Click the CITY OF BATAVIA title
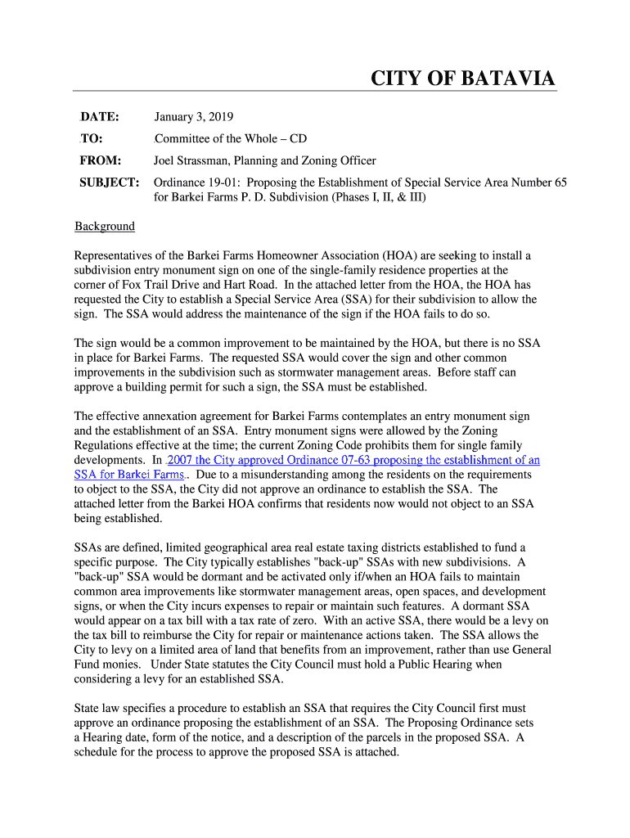462,79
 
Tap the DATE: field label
99,116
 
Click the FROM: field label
101,160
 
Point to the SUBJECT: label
109,182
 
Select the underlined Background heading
105,226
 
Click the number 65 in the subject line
560,182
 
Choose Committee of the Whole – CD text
231,138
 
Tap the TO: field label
91,138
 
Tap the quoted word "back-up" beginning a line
97,576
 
